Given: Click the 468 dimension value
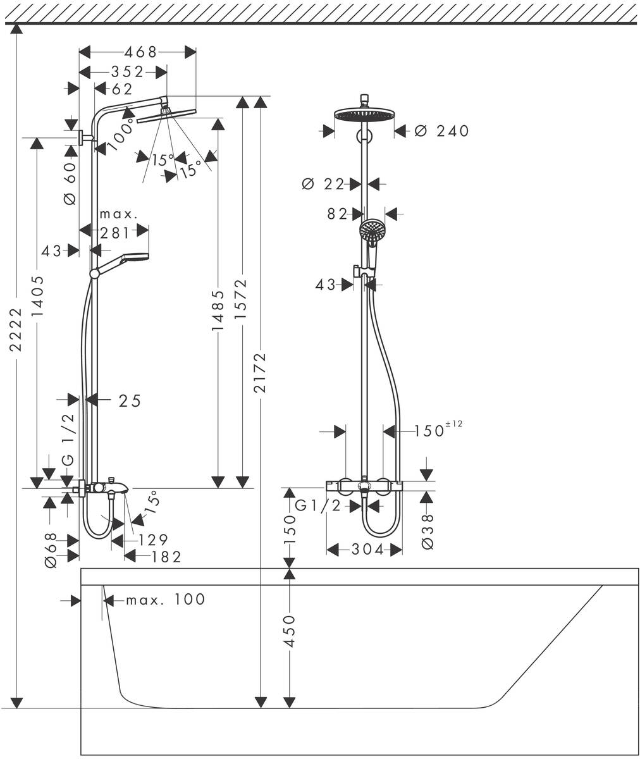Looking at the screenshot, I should [140, 52].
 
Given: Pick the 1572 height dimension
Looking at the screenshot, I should [241, 300].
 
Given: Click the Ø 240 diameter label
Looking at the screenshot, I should [442, 131].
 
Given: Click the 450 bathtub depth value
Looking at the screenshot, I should [289, 631].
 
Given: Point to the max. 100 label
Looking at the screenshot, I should [165, 599].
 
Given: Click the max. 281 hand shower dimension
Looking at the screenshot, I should [118, 225].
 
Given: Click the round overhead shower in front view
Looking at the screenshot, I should [364, 114].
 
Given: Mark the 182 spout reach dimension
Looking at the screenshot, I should [166, 557].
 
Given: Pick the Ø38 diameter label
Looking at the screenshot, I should [428, 531].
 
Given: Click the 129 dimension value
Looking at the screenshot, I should [152, 540].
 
